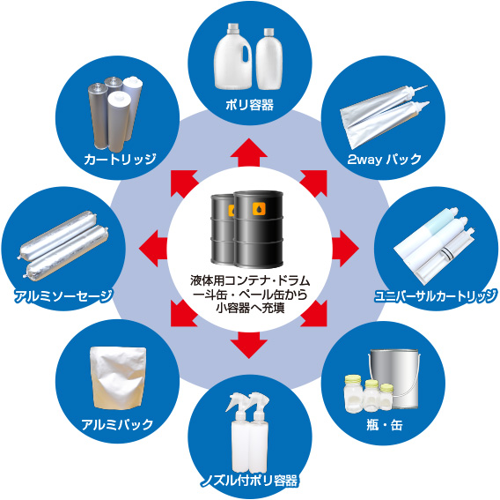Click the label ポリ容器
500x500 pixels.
(x=249, y=106)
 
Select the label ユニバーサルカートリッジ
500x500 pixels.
(x=436, y=294)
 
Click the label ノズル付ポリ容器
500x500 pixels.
(x=249, y=481)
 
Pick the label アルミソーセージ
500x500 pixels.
(x=63, y=295)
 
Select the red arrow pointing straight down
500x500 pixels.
(x=249, y=342)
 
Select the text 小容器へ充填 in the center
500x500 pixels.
(x=249, y=309)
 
